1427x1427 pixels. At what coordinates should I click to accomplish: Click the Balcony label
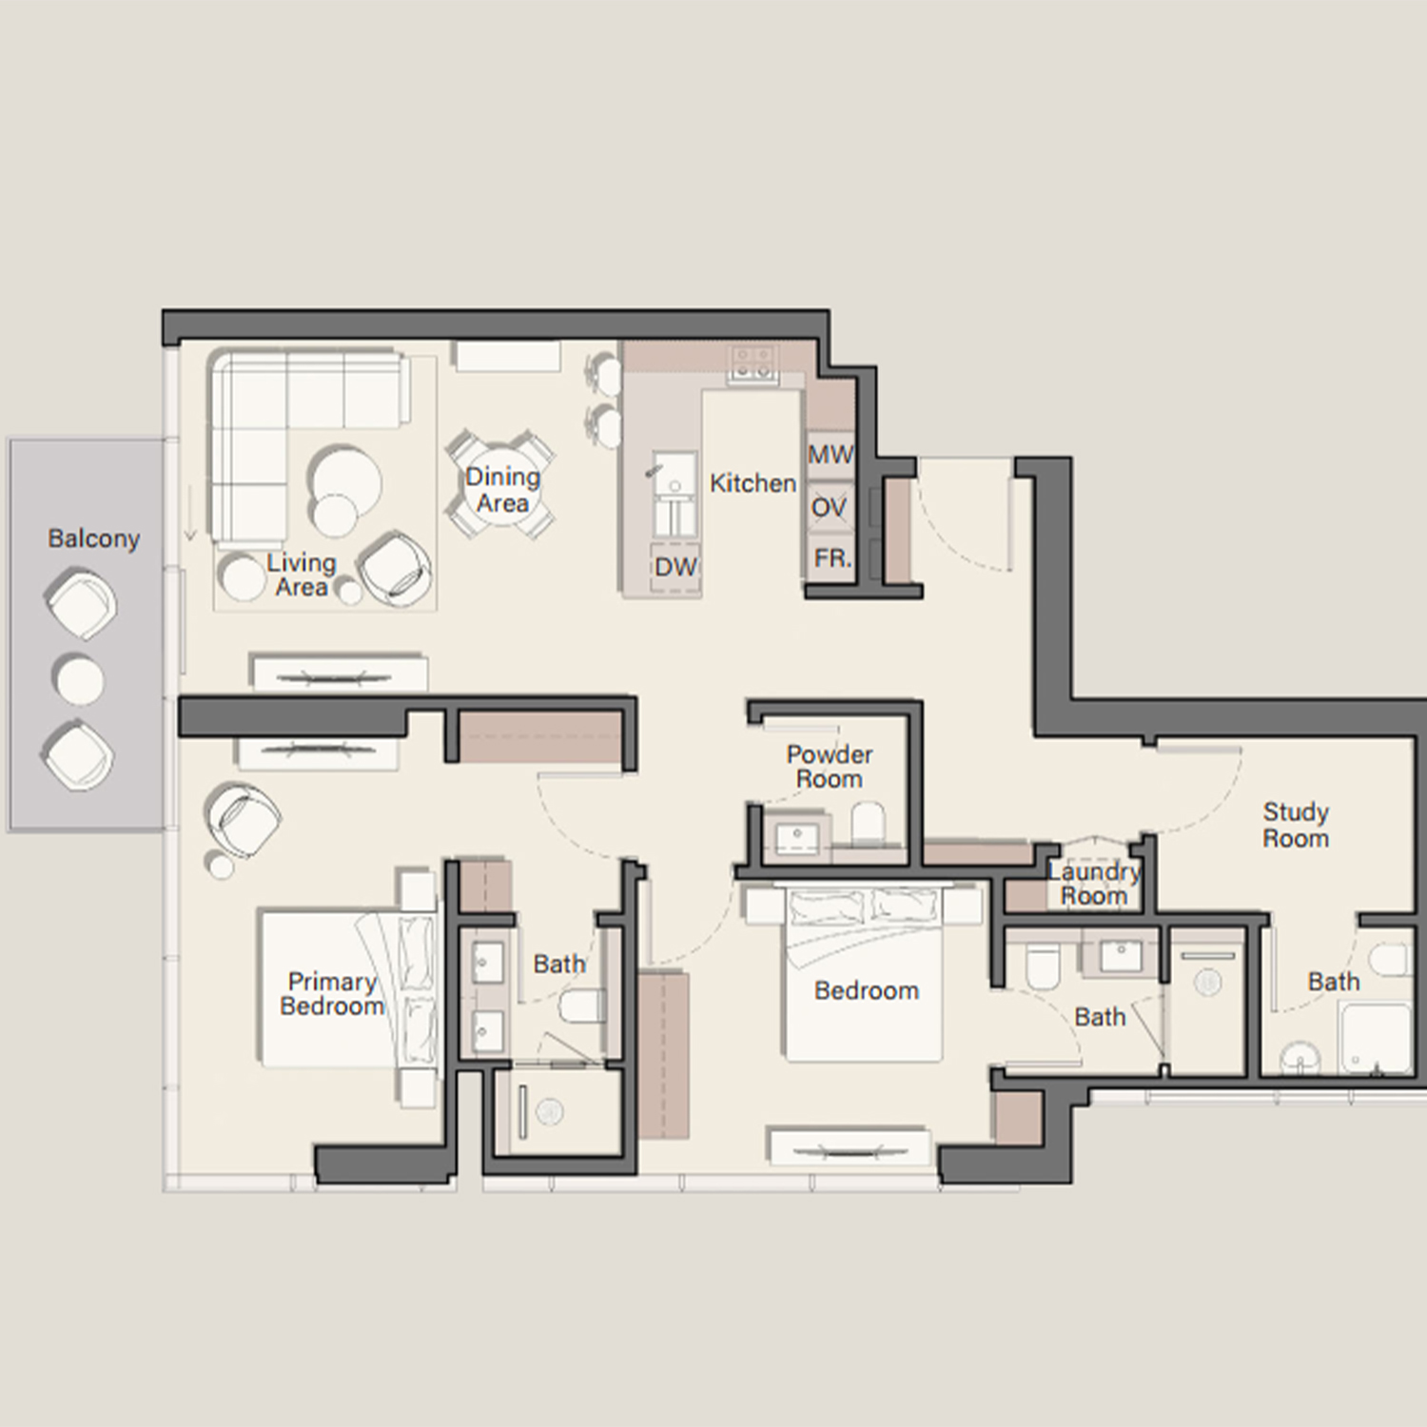pyautogui.click(x=93, y=538)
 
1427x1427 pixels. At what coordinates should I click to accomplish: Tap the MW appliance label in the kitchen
pyautogui.click(x=831, y=455)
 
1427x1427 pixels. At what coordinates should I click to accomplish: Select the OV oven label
pyautogui.click(x=829, y=508)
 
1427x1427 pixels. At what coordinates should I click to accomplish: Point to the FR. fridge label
pyautogui.click(x=832, y=558)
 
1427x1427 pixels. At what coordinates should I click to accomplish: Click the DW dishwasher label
pyautogui.click(x=675, y=567)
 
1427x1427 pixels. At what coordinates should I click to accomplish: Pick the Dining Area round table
pyautogui.click(x=502, y=486)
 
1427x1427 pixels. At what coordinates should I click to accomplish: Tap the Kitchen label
pyautogui.click(x=753, y=483)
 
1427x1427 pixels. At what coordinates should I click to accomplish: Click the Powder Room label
pyautogui.click(x=830, y=767)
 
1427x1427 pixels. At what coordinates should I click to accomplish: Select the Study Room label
pyautogui.click(x=1296, y=825)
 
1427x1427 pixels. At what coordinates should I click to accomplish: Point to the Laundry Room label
pyautogui.click(x=1094, y=884)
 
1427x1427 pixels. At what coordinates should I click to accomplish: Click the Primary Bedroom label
pyautogui.click(x=332, y=994)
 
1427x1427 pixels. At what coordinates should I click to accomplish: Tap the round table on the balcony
pyautogui.click(x=80, y=679)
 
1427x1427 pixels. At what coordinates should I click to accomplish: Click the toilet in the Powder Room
pyautogui.click(x=868, y=823)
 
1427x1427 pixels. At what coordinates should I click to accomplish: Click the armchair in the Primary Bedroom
pyautogui.click(x=244, y=817)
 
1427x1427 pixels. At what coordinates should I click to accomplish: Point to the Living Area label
pyautogui.click(x=302, y=575)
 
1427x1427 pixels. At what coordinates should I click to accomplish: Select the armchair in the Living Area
pyautogui.click(x=396, y=568)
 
